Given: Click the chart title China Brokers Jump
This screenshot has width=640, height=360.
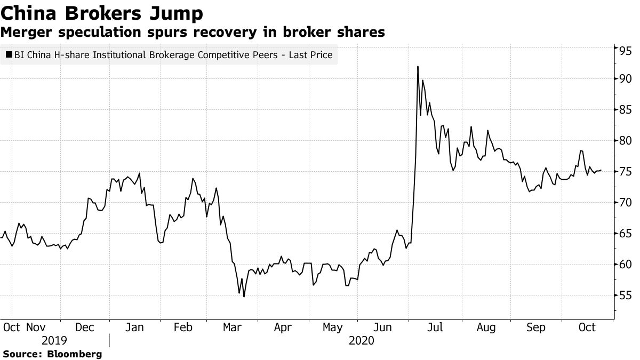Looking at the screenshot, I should tap(101, 12).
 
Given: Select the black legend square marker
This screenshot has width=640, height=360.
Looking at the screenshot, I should tap(8, 54).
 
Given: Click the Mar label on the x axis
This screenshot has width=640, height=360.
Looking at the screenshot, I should tap(233, 327).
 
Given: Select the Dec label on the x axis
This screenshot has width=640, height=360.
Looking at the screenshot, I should tap(85, 327).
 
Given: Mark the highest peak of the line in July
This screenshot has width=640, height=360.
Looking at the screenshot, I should tap(418, 67).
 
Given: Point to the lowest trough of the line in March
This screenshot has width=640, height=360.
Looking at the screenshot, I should tap(244, 297).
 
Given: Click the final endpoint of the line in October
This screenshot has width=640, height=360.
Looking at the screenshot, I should tap(601, 170).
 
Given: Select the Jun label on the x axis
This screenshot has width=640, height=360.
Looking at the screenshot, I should tap(386, 327).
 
